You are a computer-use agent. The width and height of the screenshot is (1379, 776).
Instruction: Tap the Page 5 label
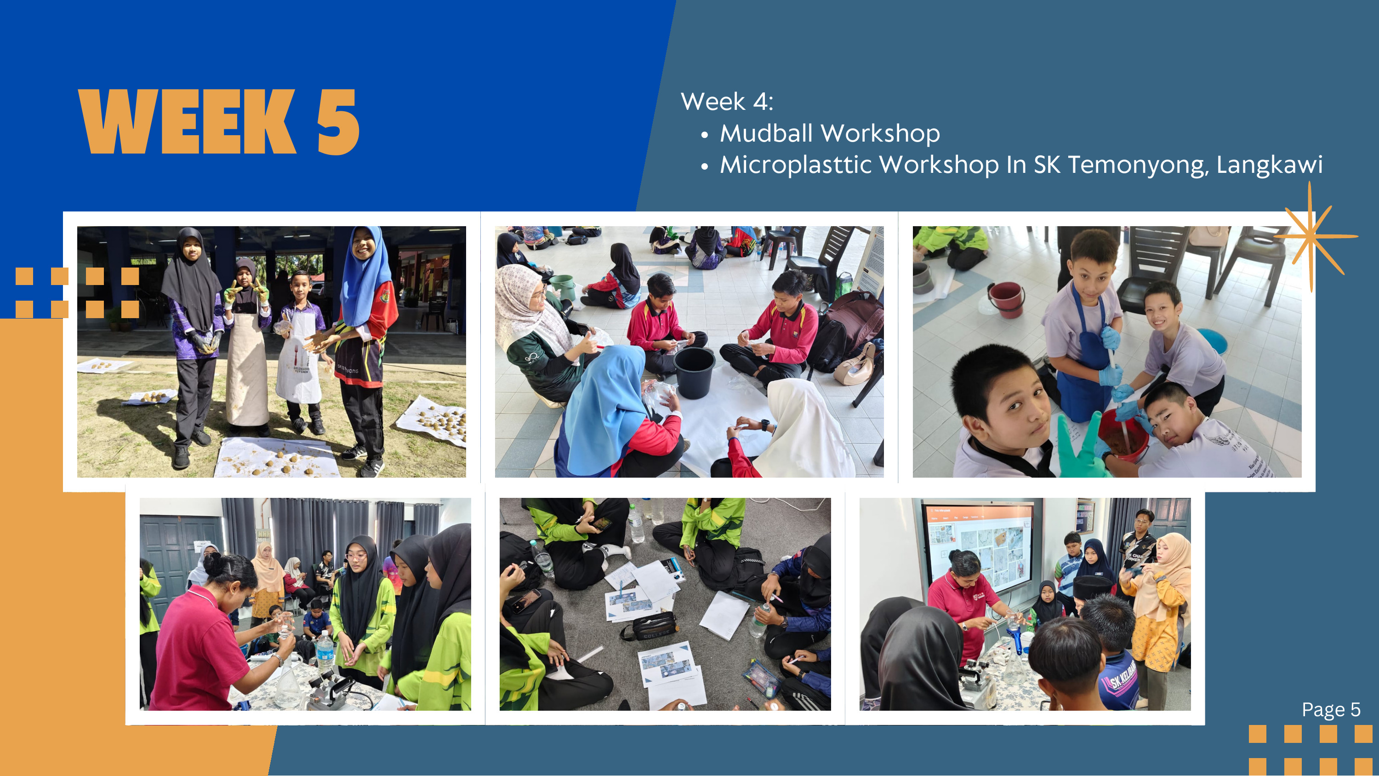click(1331, 710)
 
